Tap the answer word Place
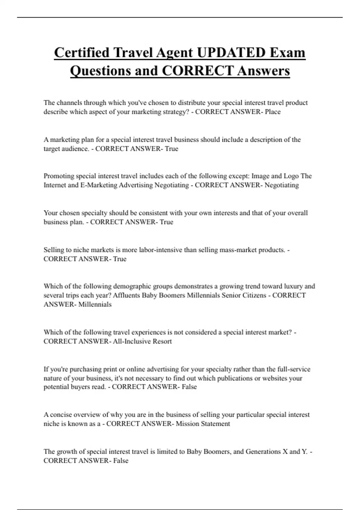273,112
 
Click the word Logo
291,176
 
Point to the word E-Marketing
99,185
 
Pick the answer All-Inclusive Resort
142,341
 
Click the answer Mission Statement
203,424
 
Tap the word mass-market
236,250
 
